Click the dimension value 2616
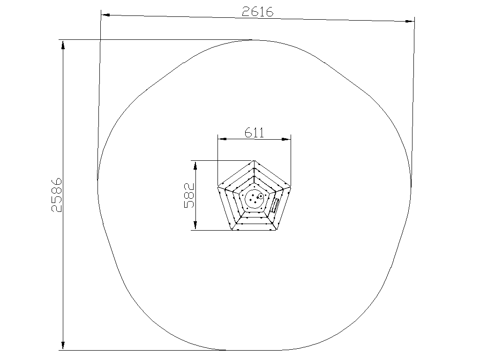coord(257,12)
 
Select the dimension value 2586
coord(57,195)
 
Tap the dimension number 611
coord(254,133)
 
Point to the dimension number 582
coord(189,195)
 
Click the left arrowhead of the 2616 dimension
coord(105,15)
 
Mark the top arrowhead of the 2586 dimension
coord(63,45)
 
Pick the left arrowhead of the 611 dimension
coord(222,139)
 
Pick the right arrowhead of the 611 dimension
coord(286,139)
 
